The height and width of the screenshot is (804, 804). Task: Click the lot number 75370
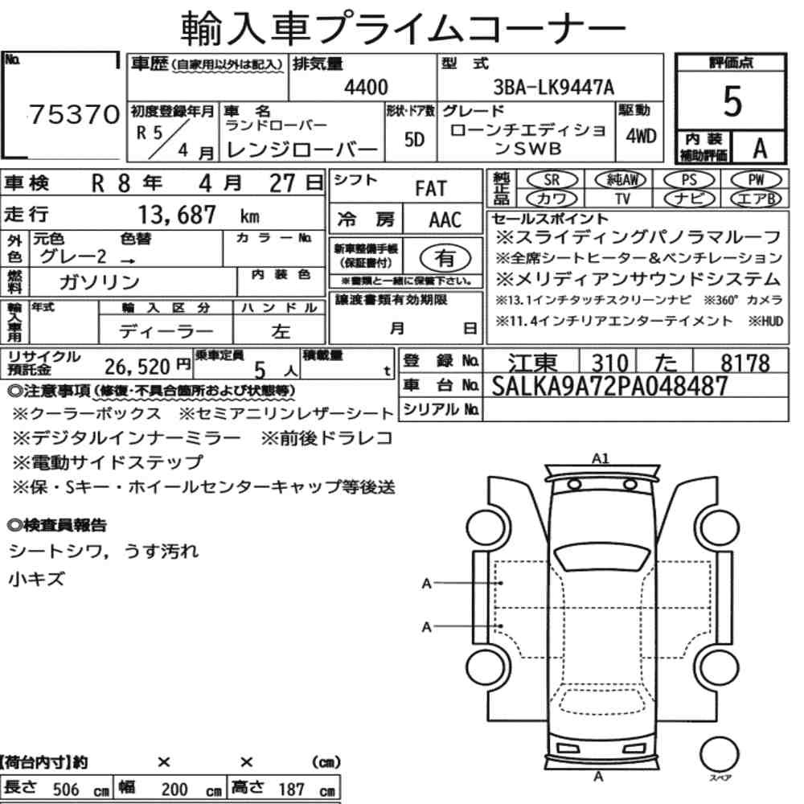pyautogui.click(x=74, y=114)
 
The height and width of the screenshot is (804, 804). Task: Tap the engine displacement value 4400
pyautogui.click(x=366, y=88)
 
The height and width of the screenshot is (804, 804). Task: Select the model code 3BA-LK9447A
pyautogui.click(x=553, y=88)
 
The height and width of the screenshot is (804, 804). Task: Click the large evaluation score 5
pyautogui.click(x=732, y=101)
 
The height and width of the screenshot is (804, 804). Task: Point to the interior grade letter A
pyautogui.click(x=760, y=149)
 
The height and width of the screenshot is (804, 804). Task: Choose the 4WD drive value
pyautogui.click(x=641, y=137)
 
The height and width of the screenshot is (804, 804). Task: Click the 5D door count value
pyautogui.click(x=414, y=139)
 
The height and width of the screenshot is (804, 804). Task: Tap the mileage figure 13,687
pyautogui.click(x=177, y=215)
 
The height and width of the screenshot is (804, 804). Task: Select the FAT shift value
pyautogui.click(x=431, y=189)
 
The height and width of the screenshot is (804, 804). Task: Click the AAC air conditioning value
pyautogui.click(x=445, y=220)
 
